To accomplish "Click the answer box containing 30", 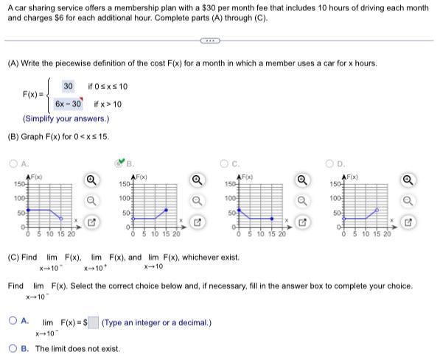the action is (x=68, y=87).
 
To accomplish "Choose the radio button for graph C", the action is (x=228, y=166).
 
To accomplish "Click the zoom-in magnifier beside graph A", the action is (x=90, y=180).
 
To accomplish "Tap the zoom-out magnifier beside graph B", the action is (x=198, y=200).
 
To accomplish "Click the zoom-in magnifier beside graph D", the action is (x=411, y=180).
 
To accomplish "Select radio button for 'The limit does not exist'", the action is (x=14, y=349).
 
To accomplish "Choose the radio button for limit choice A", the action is (x=14, y=320).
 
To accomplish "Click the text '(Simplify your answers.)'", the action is (x=66, y=119).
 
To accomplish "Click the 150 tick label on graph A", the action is (x=17, y=182).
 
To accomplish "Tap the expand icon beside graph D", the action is (x=411, y=219).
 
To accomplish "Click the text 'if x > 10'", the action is (x=108, y=105).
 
